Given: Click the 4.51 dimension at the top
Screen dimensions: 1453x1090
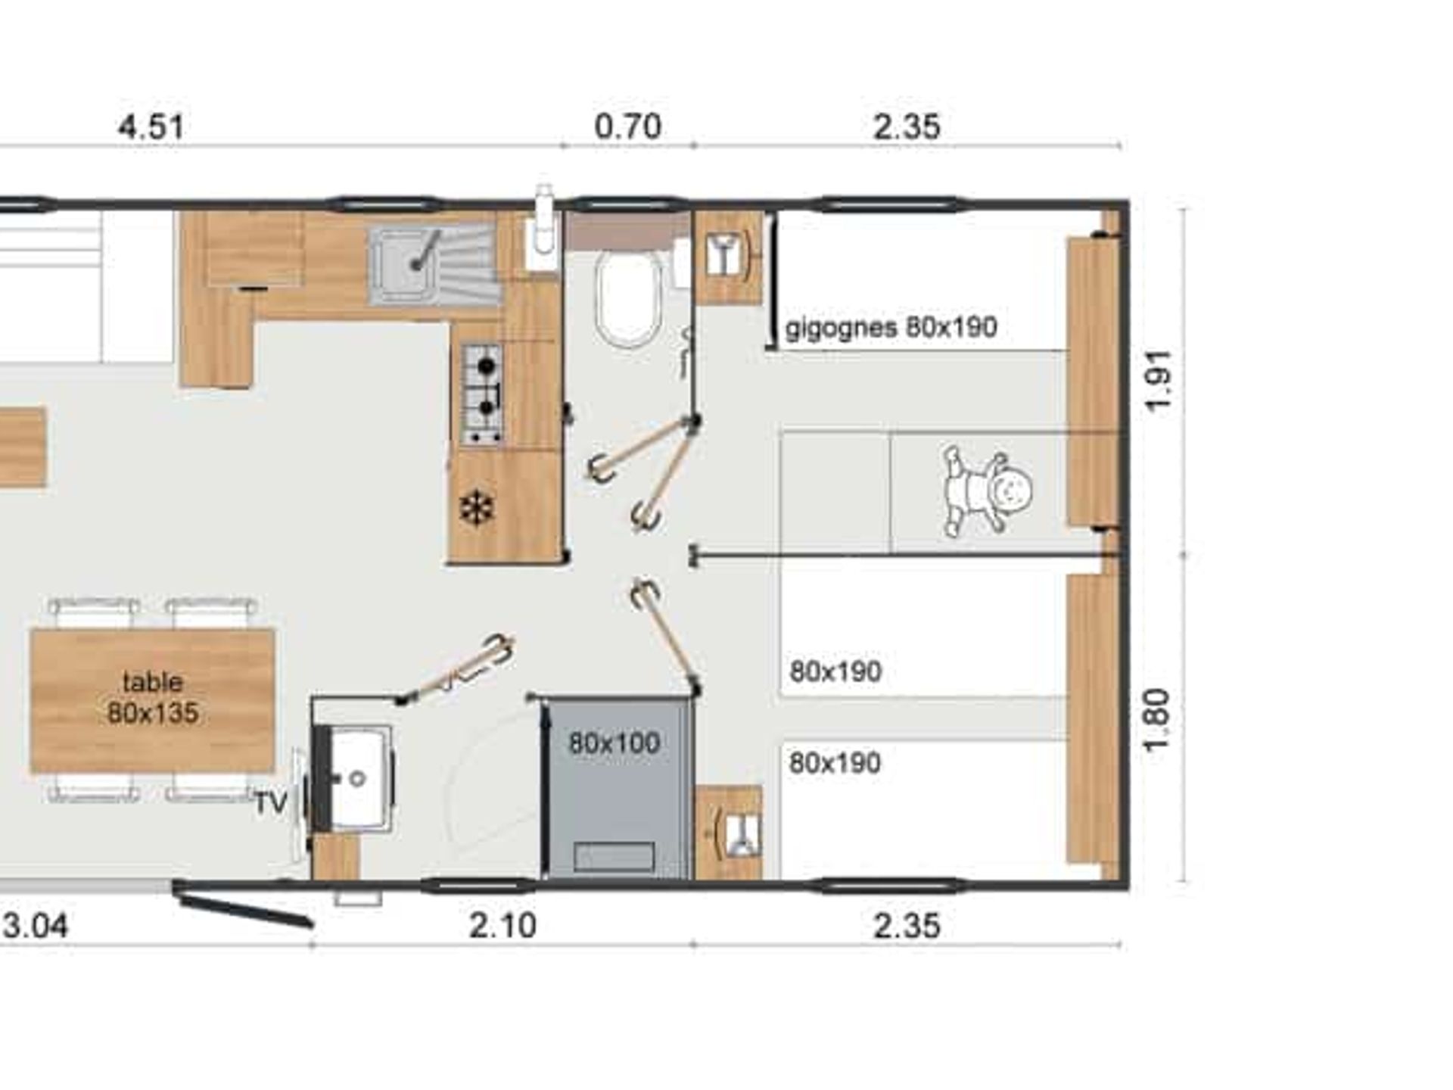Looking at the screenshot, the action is click(x=151, y=126).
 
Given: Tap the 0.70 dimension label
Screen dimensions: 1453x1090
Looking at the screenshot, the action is click(x=628, y=126).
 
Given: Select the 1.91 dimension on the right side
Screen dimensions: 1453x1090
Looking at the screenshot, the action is click(x=1159, y=381).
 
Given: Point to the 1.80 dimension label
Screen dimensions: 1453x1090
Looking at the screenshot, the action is click(x=1157, y=720).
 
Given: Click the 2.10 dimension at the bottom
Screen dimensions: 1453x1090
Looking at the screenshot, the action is click(x=502, y=925).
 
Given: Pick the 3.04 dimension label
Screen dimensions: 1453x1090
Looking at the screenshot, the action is click(x=36, y=925).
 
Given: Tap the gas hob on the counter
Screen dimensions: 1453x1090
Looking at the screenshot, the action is click(x=482, y=394).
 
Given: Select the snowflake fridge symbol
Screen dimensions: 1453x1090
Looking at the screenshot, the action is click(x=477, y=508).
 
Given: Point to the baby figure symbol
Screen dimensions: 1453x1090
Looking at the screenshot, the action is click(x=986, y=490).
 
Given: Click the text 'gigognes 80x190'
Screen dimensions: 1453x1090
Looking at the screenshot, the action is click(x=891, y=328).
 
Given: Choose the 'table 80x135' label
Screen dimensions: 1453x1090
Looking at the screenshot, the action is click(x=153, y=697).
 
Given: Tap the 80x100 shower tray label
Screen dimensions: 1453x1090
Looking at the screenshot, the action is click(x=614, y=743).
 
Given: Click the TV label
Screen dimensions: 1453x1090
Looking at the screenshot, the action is click(x=270, y=803).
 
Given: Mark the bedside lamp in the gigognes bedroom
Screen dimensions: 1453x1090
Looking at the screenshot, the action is click(x=728, y=255).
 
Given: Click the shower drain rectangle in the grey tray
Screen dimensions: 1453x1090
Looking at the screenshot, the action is click(x=614, y=857).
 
